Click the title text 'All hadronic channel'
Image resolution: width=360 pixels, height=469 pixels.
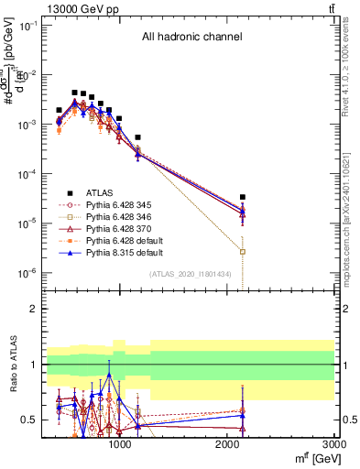tap(191, 38)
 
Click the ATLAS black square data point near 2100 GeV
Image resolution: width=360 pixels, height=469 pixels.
tap(242, 197)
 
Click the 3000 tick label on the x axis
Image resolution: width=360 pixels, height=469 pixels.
tap(334, 444)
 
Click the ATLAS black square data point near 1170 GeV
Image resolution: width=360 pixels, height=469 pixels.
tap(137, 137)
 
